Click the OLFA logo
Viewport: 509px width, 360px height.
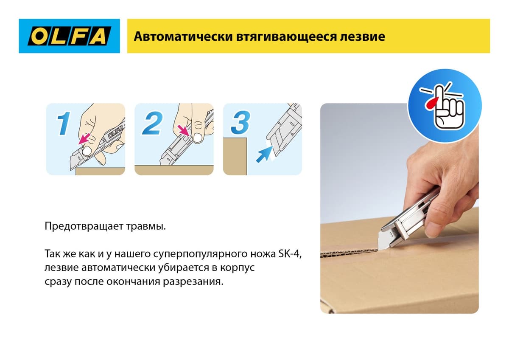click(69, 36)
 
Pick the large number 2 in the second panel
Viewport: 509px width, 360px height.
click(152, 124)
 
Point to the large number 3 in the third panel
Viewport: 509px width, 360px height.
click(241, 124)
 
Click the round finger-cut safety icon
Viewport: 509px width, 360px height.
click(444, 105)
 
